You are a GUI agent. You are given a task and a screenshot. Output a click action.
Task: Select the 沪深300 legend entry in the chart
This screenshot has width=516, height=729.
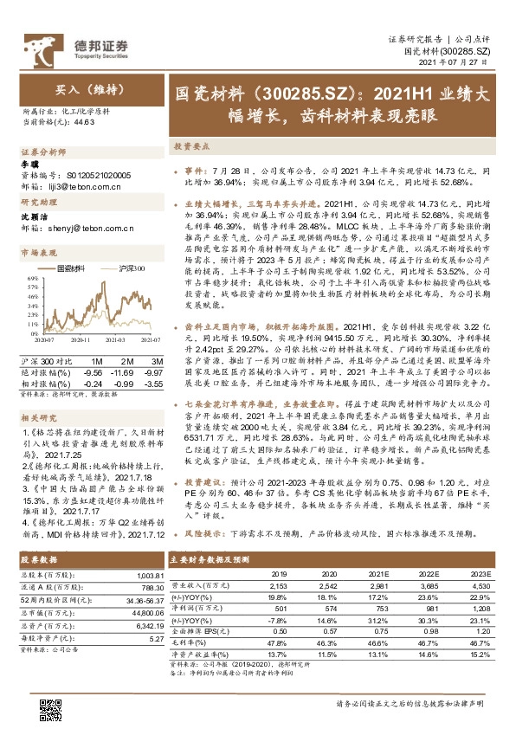point(127,269)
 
